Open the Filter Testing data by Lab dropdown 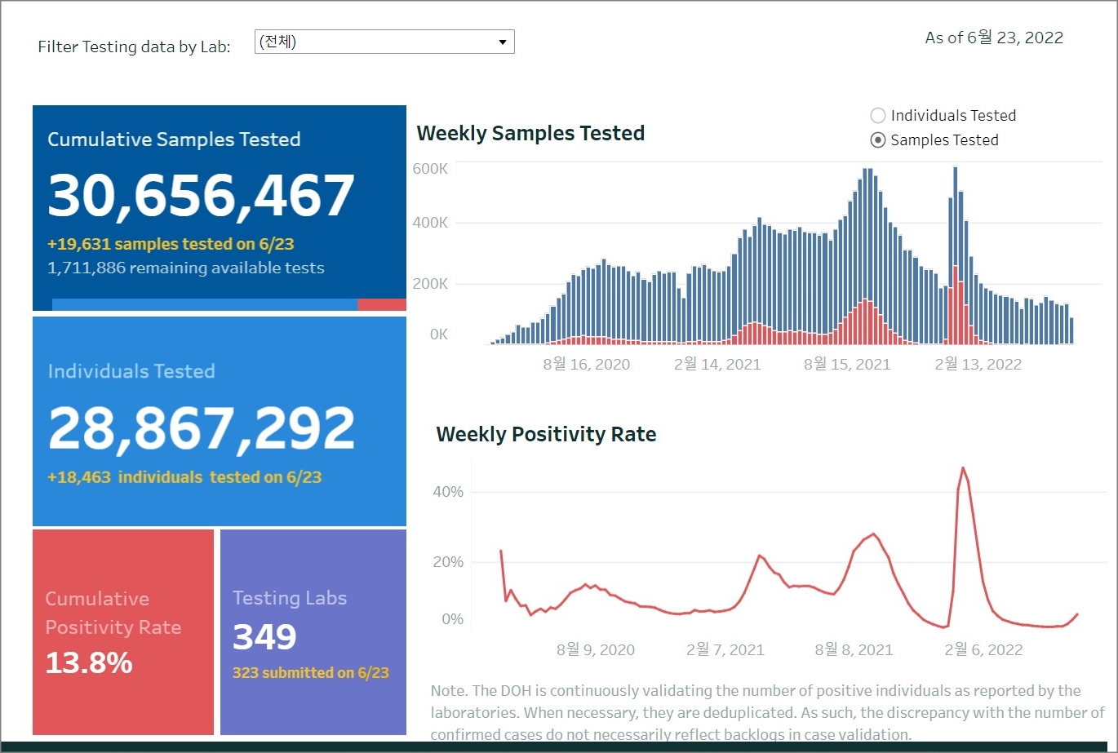coord(384,42)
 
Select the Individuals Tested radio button coord(878,116)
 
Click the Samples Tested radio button coord(878,140)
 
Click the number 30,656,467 coord(201,196)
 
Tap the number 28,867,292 coord(202,428)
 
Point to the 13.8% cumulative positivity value coord(89,662)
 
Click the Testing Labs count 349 coord(264,637)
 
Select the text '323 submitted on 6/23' coord(311,673)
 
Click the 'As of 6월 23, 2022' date coord(994,38)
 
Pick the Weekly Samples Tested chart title coord(530,133)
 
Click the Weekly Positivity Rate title coord(546,434)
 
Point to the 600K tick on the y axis coord(430,169)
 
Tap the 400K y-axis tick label coord(430,223)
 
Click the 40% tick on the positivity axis coord(447,492)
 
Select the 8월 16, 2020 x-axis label coord(586,364)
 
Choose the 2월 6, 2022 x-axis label coord(983,649)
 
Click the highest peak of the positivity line coord(963,467)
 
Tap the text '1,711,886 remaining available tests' coord(186,268)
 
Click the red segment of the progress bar coord(381,304)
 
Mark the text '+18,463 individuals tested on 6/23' coord(184,477)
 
